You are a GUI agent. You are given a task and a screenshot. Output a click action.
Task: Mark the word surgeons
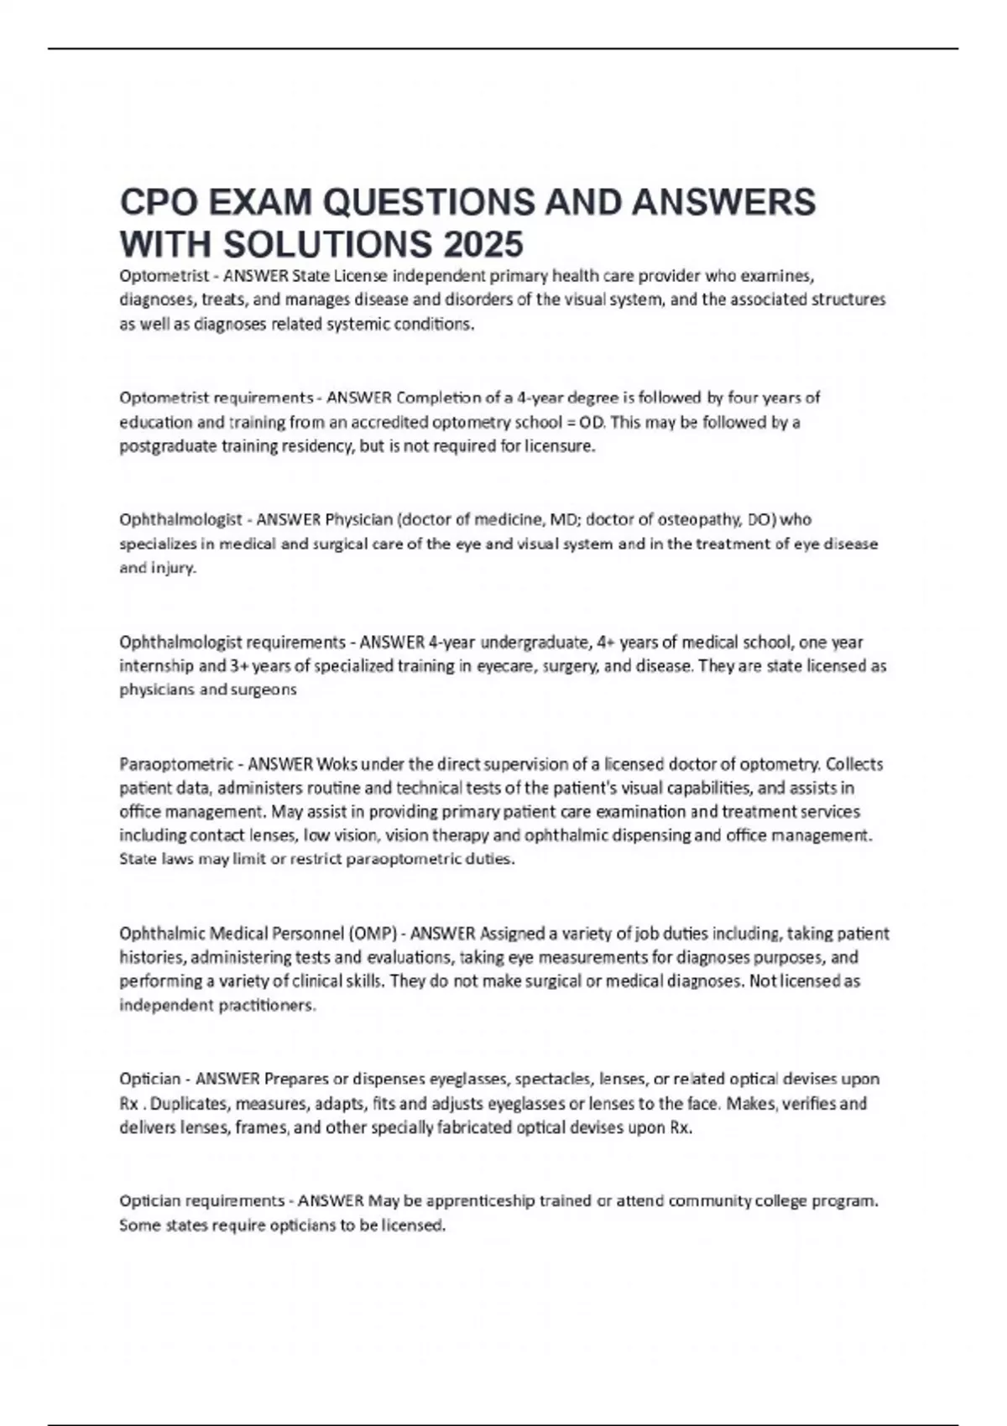click(x=268, y=690)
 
